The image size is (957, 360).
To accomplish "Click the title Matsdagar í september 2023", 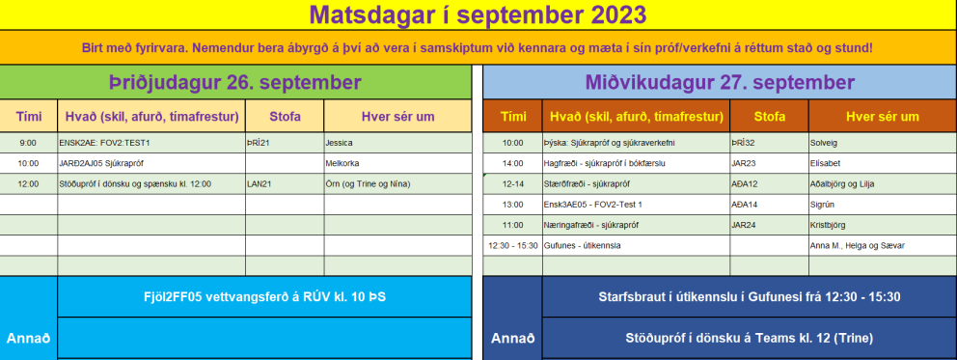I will [478, 14].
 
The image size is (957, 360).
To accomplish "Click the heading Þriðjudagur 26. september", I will [235, 82].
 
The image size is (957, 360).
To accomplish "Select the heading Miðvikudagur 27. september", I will [719, 82].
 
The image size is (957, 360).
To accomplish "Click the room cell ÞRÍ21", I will [259, 142].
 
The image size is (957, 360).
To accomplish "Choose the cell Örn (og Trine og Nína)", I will [368, 183].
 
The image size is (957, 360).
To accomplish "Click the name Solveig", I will [825, 142].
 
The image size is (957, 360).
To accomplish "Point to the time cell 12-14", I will [511, 183].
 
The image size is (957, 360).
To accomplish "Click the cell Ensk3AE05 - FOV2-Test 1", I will [594, 204].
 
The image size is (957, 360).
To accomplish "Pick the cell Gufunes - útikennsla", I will [584, 245].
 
